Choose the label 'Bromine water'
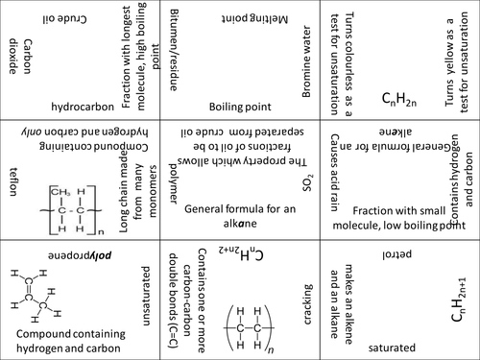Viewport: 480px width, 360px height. [x=304, y=61]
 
